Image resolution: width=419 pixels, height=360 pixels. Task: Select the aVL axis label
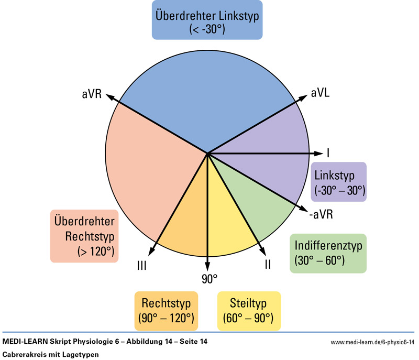click(x=320, y=92)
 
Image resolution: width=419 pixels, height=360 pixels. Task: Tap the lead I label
click(x=328, y=153)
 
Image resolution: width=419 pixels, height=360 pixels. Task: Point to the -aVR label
click(x=321, y=214)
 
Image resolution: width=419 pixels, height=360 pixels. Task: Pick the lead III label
click(x=141, y=266)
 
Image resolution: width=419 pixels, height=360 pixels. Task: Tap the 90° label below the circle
click(x=209, y=278)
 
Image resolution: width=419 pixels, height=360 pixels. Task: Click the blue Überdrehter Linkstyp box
click(x=207, y=21)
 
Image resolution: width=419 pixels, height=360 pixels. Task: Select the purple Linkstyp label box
click(x=339, y=182)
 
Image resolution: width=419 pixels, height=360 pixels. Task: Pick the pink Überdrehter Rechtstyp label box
click(x=84, y=236)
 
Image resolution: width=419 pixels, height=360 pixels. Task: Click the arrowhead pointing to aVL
click(x=304, y=97)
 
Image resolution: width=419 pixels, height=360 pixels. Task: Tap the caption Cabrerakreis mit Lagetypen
click(x=50, y=354)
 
